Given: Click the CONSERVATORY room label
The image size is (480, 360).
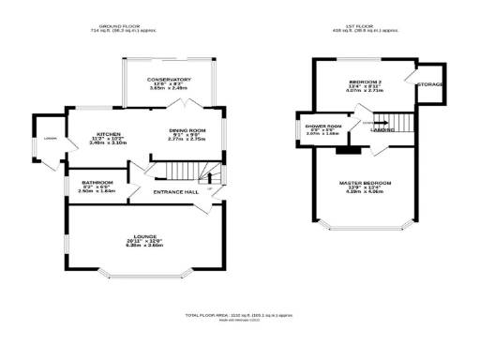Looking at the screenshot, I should click(x=170, y=80).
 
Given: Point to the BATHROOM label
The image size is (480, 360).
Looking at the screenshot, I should click(x=97, y=182).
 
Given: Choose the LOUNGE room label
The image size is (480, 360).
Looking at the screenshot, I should click(x=143, y=235).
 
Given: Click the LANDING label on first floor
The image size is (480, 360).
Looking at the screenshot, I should click(x=381, y=130).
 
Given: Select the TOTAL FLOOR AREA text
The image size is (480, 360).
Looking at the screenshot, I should click(x=240, y=315).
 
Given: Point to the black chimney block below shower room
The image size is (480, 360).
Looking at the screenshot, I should click(x=350, y=147).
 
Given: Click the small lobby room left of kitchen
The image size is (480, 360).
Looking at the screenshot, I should click(x=51, y=142).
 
